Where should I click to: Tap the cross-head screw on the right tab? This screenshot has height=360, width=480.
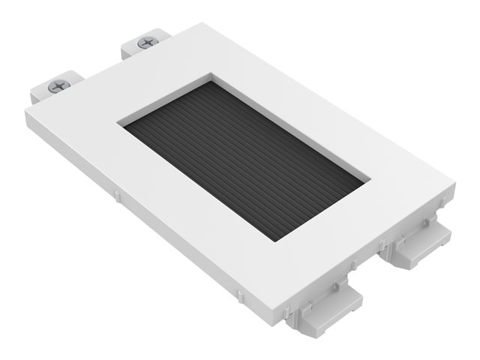[x=146, y=43]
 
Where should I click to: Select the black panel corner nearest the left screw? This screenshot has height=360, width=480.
[x=124, y=126]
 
